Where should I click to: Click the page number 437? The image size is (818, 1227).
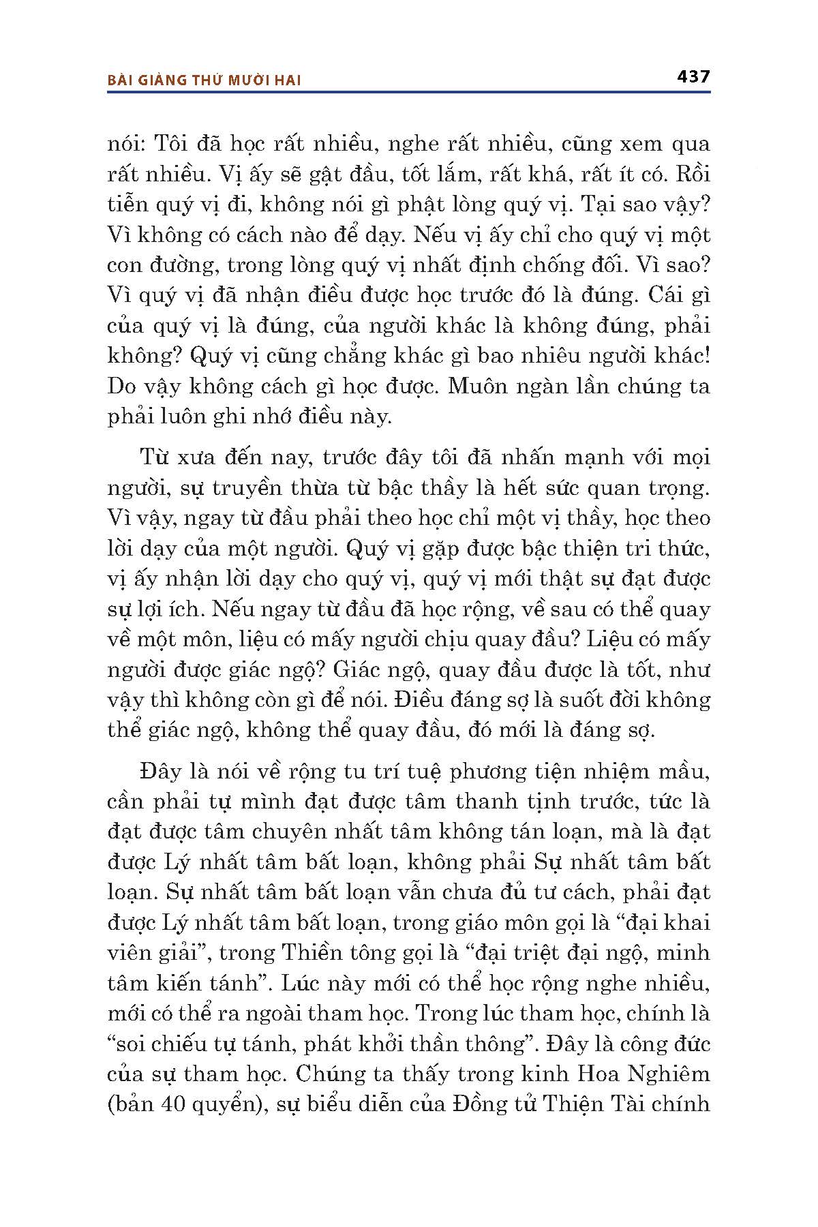tap(693, 76)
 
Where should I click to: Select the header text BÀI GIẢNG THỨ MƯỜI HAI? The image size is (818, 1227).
tap(204, 80)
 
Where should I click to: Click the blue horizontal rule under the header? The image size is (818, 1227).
tap(409, 91)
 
